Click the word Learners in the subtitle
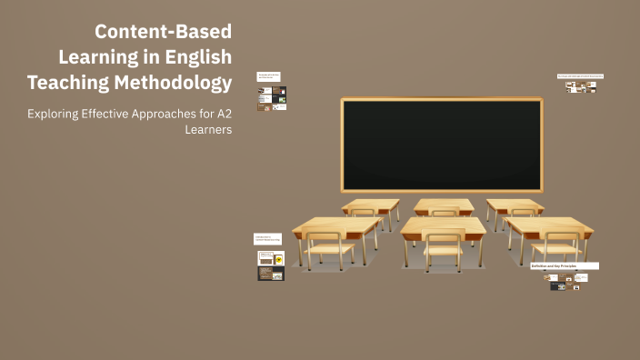pyautogui.click(x=208, y=130)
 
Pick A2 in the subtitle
pyautogui.click(x=221, y=115)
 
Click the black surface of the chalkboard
pyautogui.click(x=441, y=144)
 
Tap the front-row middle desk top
pyautogui.click(x=443, y=225)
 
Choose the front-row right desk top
pyautogui.click(x=548, y=225)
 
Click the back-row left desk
pyautogui.click(x=370, y=205)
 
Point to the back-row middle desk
pyautogui.click(x=444, y=205)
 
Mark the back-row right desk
pyautogui.click(x=514, y=205)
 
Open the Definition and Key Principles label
pyautogui.click(x=564, y=265)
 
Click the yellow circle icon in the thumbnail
pyautogui.click(x=278, y=260)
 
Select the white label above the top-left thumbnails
pyautogui.click(x=268, y=77)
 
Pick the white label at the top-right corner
pyautogui.click(x=580, y=76)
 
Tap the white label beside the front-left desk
pyautogui.click(x=267, y=238)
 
